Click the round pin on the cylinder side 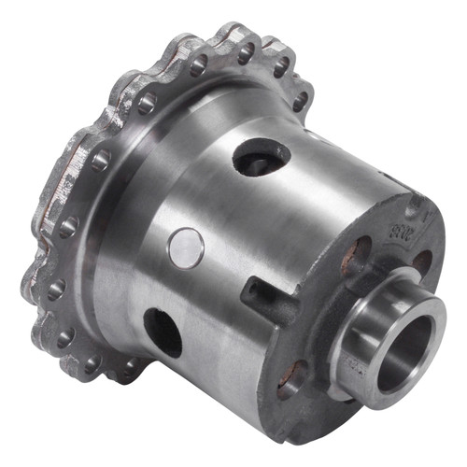pyautogui.click(x=186, y=247)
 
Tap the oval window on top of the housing pyautogui.click(x=261, y=157)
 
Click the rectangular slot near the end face pyautogui.click(x=266, y=291)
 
